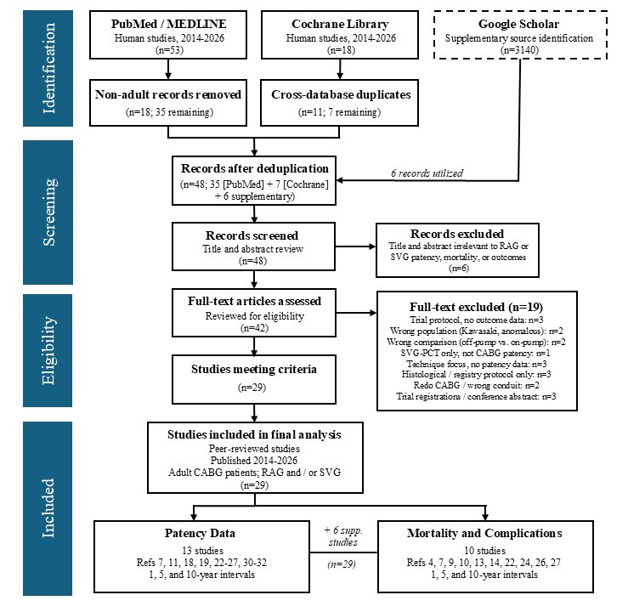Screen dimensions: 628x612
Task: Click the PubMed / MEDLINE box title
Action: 168,24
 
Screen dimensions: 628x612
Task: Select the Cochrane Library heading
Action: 340,24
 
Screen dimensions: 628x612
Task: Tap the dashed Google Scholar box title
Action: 518,24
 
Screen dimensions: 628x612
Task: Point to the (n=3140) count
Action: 519,50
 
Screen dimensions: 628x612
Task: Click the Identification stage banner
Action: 48,68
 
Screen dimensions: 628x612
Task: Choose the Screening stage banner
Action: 48,212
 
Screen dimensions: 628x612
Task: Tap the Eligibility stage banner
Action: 48,350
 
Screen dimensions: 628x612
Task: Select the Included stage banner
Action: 48,508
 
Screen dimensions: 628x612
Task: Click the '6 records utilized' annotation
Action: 427,173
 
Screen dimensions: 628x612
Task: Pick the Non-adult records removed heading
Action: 168,94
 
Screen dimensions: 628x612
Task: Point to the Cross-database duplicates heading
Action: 341,94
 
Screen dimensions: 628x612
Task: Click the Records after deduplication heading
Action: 254,168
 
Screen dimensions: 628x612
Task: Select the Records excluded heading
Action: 457,234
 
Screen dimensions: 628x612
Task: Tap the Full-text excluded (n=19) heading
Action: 476,307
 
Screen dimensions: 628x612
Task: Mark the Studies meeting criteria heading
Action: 254,369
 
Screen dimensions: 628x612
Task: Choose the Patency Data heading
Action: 200,534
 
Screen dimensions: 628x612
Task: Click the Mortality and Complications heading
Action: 484,534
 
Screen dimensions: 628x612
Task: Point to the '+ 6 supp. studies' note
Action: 343,536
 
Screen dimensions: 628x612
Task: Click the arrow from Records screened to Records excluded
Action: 355,246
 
